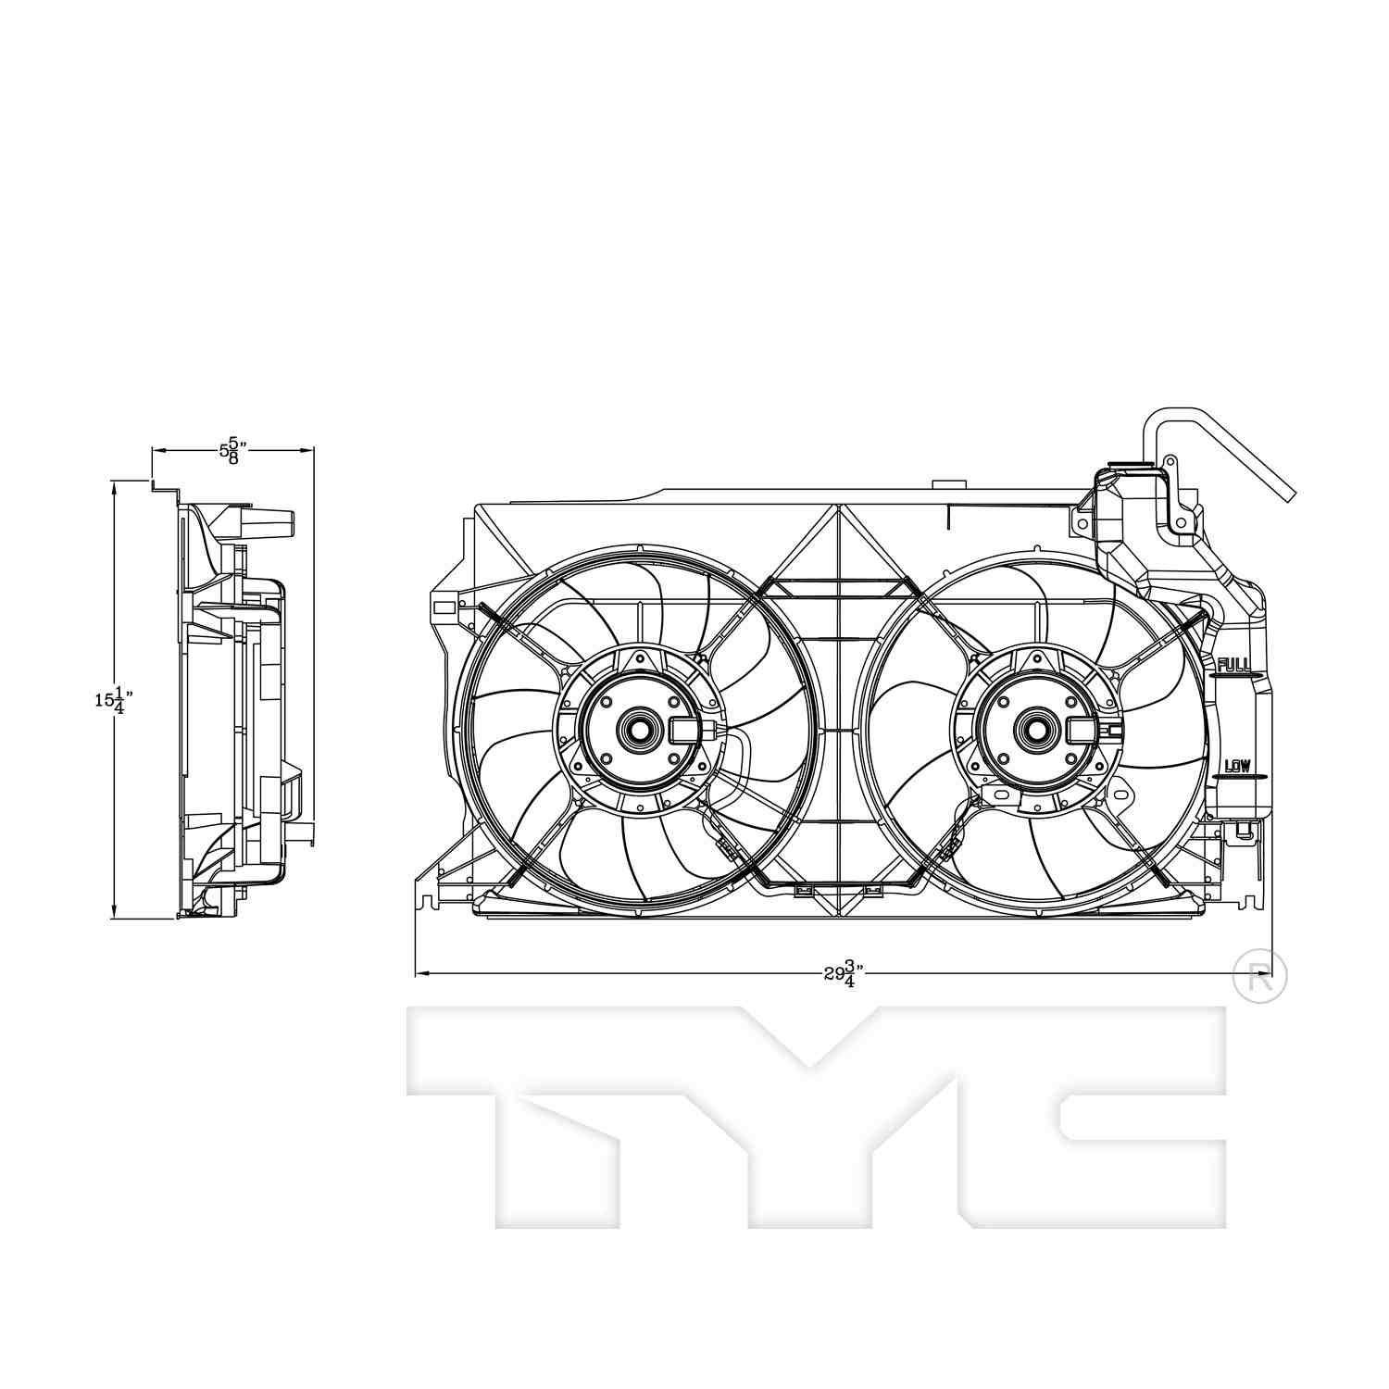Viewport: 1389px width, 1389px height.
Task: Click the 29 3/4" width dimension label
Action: point(844,974)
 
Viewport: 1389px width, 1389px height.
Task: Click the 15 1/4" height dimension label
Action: point(108,701)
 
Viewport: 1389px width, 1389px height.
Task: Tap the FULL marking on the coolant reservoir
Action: point(1233,664)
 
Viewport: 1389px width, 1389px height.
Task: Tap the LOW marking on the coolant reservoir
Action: point(1237,766)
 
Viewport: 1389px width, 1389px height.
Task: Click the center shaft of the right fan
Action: point(1034,729)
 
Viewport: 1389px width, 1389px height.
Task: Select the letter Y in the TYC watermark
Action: point(810,1111)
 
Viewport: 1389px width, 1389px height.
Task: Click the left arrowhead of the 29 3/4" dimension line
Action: point(421,973)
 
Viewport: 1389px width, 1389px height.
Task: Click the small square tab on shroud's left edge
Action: point(444,607)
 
